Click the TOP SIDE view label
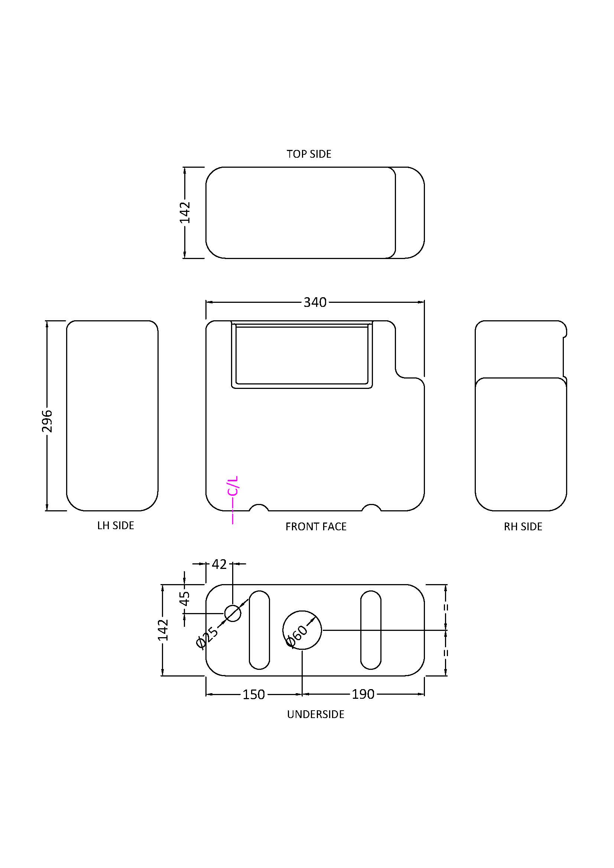309,154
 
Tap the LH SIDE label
116,525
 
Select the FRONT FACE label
316,527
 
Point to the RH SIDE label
523,527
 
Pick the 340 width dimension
315,302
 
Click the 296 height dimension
47,421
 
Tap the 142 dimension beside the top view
185,213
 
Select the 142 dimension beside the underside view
163,630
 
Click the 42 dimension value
219,564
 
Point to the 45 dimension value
185,598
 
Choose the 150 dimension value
253,694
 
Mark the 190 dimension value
363,694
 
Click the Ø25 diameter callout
207,637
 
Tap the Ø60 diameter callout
297,636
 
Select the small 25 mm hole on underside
233,613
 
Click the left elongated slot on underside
260,630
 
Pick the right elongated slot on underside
371,630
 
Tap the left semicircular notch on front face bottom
259,508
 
